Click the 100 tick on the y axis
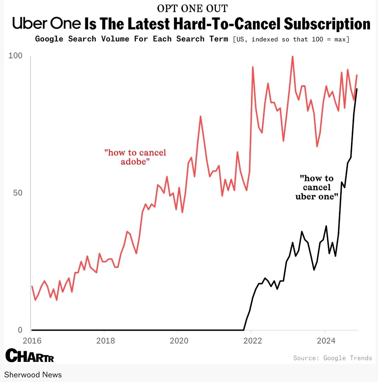click(15, 56)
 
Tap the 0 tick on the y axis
click(20, 330)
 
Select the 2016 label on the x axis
click(32, 341)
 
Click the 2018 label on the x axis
click(105, 341)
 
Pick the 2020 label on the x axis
click(179, 341)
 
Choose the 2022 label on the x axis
click(253, 341)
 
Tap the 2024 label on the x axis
click(326, 341)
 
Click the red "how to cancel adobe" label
click(135, 157)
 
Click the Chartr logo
click(30, 355)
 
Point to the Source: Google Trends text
click(332, 358)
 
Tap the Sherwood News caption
click(33, 375)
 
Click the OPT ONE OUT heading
click(192, 8)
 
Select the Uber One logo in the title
click(46, 23)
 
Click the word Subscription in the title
click(327, 24)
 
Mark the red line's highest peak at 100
click(292, 57)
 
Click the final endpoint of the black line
click(357, 89)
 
